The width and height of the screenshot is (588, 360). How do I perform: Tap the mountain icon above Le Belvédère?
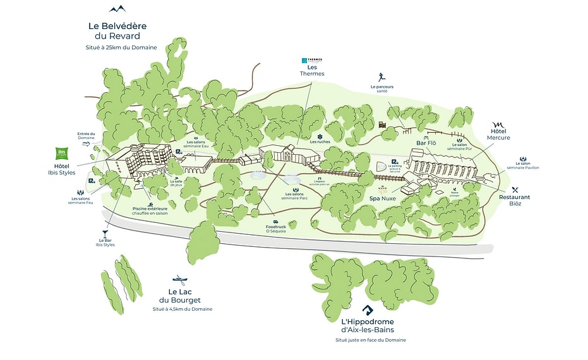click(118, 9)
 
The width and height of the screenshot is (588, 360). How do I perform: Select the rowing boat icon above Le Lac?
click(179, 280)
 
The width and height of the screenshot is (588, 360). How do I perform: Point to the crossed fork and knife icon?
click(515, 189)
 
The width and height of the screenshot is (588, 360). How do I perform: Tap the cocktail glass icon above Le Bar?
click(104, 233)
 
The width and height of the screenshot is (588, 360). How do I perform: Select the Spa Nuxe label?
click(383, 198)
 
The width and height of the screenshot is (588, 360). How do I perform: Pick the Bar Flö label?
click(426, 143)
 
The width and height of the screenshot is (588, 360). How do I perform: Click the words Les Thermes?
click(312, 70)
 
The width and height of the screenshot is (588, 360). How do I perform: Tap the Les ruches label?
click(320, 141)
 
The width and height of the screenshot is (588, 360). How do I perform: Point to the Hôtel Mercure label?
click(498, 134)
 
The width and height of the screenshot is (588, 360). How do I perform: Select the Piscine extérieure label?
click(150, 211)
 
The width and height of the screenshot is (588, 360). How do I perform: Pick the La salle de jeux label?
click(176, 183)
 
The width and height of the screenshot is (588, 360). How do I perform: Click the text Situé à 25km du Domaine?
click(122, 48)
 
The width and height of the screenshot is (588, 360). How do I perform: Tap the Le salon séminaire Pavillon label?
click(523, 165)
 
